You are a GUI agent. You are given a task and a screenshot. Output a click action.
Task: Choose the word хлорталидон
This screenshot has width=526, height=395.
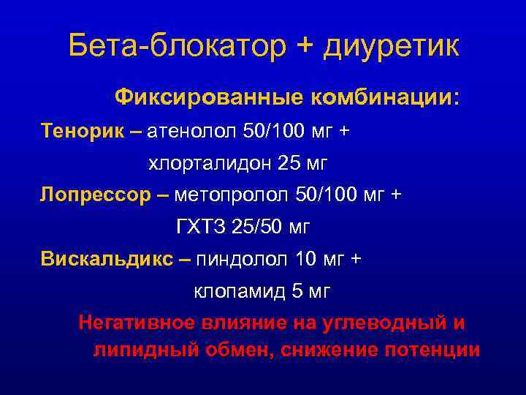[210, 164]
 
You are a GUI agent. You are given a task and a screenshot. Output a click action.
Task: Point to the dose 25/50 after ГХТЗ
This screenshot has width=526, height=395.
[259, 228]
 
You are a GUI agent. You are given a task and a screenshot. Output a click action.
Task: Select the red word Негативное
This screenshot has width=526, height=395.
[137, 323]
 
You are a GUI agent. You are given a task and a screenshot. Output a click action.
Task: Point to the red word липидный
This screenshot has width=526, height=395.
[136, 349]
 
